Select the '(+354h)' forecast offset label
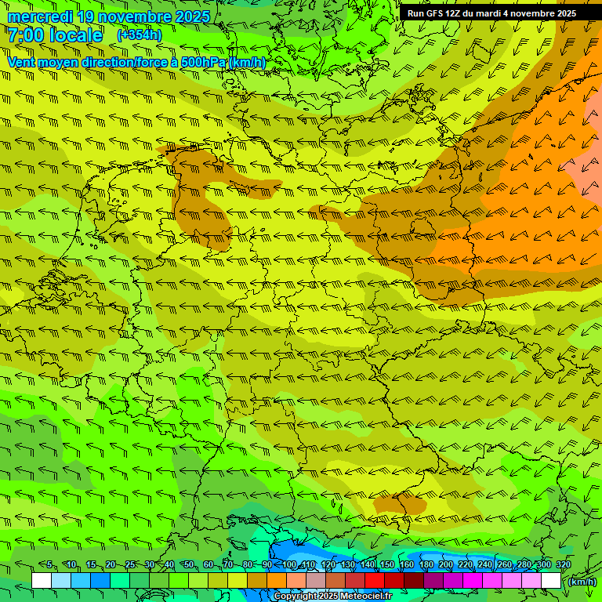tap(139, 35)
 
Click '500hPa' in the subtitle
tap(201, 62)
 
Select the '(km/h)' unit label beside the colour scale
tap(581, 582)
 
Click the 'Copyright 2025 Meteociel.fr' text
tap(332, 597)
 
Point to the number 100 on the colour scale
tap(290, 565)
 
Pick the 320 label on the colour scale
tap(564, 565)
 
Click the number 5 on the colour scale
tap(49, 565)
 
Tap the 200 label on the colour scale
tap(445, 565)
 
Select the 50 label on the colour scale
tap(188, 565)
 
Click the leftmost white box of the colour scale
tap(42, 581)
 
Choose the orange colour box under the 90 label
tap(277, 581)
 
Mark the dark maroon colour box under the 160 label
tap(414, 581)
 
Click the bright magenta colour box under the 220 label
tap(473, 581)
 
